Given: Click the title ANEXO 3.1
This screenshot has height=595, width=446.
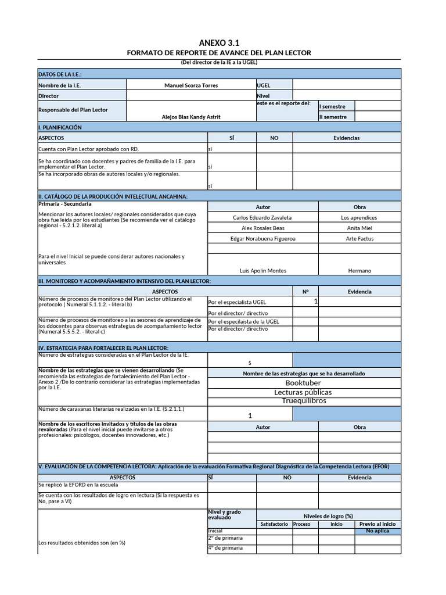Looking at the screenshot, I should [219, 43].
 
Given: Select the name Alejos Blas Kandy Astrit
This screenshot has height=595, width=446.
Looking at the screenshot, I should [191, 117].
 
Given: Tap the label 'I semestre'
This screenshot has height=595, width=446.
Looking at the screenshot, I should [332, 106].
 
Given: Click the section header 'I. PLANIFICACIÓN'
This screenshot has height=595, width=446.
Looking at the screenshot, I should [60, 127].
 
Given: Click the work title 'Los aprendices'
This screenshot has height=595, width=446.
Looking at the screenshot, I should [359, 217].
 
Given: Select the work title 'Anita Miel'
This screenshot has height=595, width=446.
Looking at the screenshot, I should [359, 228].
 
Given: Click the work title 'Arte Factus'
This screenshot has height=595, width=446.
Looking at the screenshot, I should [359, 238].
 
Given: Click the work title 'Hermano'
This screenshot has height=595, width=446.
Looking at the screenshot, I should [359, 270].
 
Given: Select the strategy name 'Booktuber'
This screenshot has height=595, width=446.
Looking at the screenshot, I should [303, 383].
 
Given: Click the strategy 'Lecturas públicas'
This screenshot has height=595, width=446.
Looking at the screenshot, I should [303, 392].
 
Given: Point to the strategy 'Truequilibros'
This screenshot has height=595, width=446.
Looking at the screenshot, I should [304, 400].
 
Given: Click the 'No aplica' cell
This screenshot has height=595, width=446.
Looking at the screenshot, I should [377, 531].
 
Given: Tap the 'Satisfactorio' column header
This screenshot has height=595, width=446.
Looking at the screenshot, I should [274, 524].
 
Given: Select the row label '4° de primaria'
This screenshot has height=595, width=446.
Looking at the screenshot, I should [225, 547].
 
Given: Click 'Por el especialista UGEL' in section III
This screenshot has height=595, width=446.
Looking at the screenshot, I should [237, 302].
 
